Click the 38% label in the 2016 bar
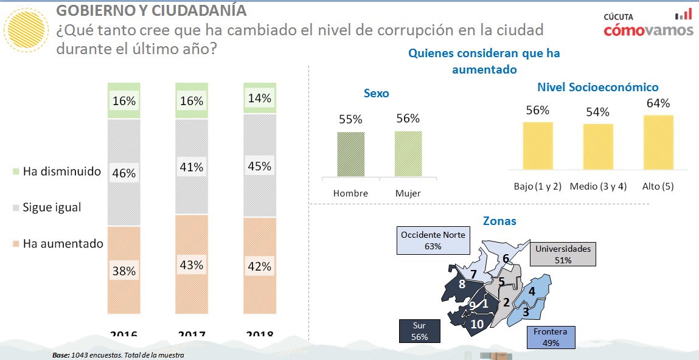pos(123,271)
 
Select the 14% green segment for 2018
pos(259,98)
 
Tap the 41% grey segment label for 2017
pos(191,167)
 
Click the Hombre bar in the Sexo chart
pos(351,154)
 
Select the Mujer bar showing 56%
pos(408,154)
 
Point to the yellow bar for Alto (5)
pos(658,142)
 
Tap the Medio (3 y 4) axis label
pos(598,186)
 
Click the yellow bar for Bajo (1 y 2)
pos(538,145)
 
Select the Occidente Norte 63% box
pos(433,240)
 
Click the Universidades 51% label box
pos(563,254)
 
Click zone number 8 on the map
pos(462,284)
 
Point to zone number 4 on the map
pos(531,291)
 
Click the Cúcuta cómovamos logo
pos(648,24)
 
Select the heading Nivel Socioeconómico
pos(597,88)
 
